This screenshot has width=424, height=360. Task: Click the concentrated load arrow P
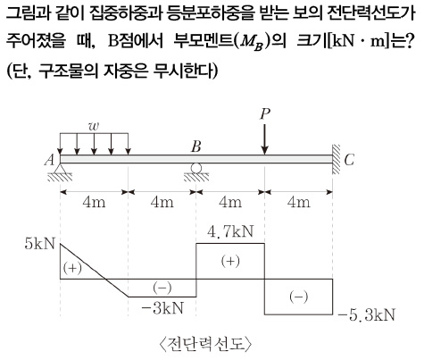tap(264, 139)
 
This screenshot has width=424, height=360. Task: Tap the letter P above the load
tap(265, 114)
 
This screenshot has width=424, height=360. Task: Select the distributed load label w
tap(94, 126)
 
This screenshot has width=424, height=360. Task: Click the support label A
tap(50, 160)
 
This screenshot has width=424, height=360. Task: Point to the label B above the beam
tap(196, 147)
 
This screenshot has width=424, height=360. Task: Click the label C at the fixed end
tap(349, 160)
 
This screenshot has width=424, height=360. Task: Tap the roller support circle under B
tap(196, 168)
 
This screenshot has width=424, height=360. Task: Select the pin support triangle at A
tap(60, 169)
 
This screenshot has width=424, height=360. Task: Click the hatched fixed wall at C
tap(337, 159)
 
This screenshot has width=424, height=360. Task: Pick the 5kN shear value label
tap(40, 244)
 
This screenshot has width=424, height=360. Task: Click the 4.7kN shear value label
tap(230, 231)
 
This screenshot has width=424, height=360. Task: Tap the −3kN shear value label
tap(162, 308)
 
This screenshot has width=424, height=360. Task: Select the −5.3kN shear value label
tap(367, 314)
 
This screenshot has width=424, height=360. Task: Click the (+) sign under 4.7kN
tap(230, 261)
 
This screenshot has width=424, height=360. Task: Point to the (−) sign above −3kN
tap(162, 288)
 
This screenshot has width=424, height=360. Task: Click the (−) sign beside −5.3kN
tap(298, 297)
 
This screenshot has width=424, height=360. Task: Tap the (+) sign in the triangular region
tap(72, 268)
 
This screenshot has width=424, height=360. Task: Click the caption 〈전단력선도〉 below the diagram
tap(205, 344)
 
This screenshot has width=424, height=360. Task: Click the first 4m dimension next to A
tap(94, 203)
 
